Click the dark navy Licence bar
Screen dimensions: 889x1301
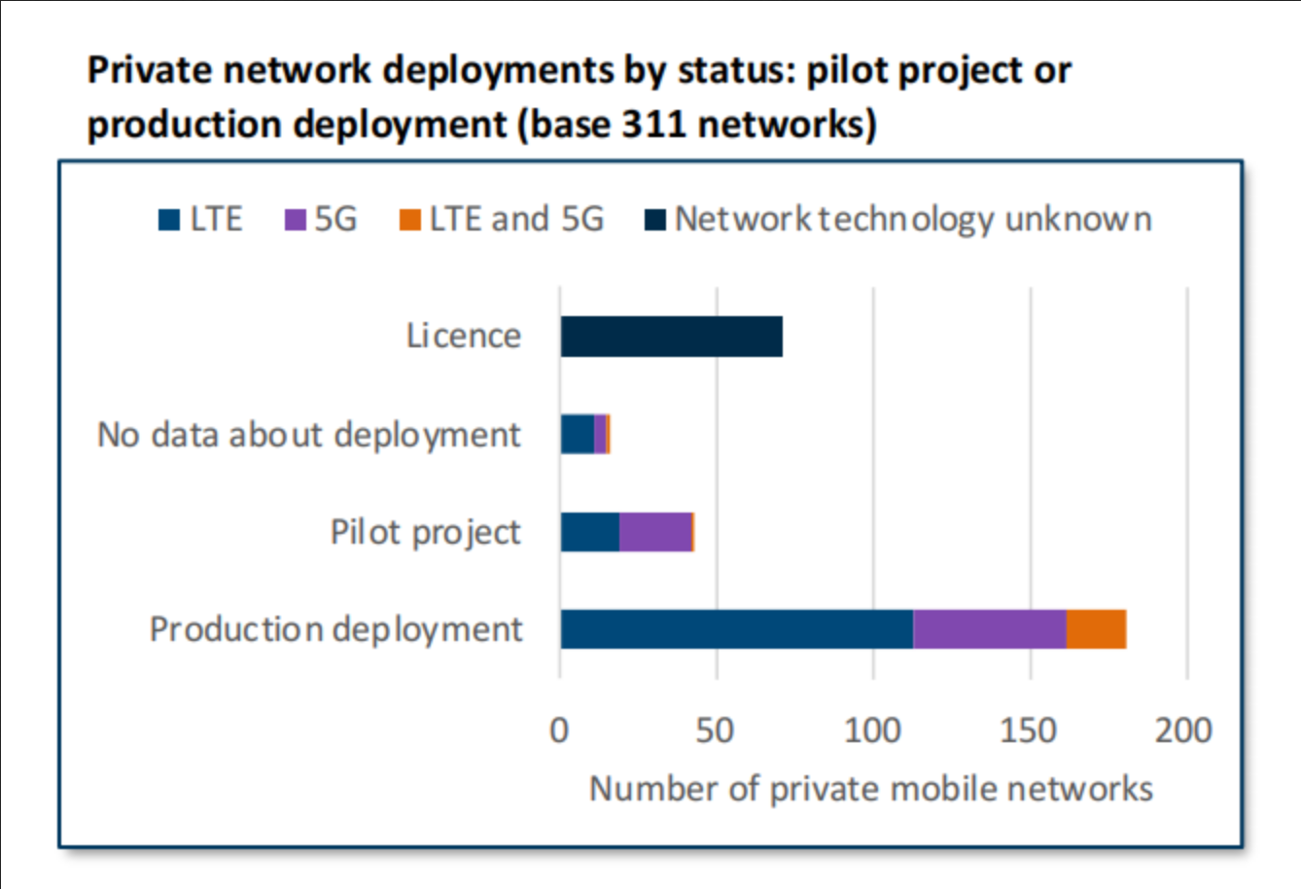(x=671, y=337)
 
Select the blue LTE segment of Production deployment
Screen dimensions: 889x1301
(x=736, y=629)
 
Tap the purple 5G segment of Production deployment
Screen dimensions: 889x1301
(x=989, y=629)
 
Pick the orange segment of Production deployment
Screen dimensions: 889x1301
(x=1096, y=629)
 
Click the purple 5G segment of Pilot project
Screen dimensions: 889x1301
(x=655, y=532)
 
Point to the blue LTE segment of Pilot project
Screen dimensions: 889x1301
(x=589, y=532)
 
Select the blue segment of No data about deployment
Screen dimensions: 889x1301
(x=577, y=434)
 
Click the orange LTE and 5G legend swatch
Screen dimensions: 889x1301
(x=409, y=220)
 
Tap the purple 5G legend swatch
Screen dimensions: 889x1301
(x=295, y=220)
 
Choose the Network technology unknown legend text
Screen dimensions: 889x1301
(x=913, y=220)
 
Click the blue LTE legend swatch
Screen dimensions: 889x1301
(x=169, y=220)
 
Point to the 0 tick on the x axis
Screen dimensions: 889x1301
(x=559, y=730)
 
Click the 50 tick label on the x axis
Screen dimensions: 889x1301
(x=715, y=730)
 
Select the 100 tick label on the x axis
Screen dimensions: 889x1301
(x=872, y=730)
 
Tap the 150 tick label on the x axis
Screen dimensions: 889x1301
(x=1029, y=730)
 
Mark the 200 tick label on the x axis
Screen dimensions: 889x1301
(x=1183, y=730)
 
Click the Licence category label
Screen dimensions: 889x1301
(x=464, y=337)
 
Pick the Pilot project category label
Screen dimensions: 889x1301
(x=426, y=533)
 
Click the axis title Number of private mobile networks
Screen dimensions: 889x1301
(x=871, y=789)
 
